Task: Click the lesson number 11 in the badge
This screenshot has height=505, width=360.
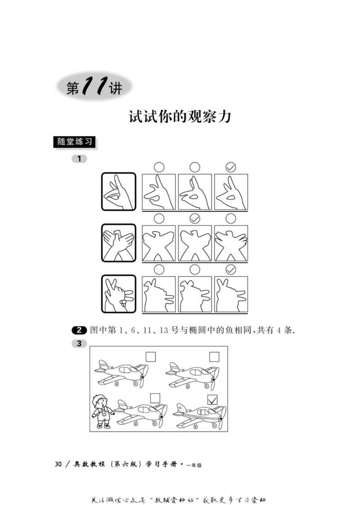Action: coord(94,86)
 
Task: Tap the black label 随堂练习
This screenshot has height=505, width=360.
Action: coord(75,141)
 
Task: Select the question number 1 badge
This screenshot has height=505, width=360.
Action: coord(79,159)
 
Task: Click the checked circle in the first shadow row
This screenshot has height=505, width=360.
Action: coord(231,167)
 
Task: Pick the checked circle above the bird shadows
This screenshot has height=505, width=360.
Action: coord(195,219)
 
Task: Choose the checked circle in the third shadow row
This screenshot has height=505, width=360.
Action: coord(231,270)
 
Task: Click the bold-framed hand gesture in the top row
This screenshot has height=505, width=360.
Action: coord(118,191)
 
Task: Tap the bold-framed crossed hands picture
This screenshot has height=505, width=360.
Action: coord(118,242)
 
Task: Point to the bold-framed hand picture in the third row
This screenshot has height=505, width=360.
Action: coord(118,294)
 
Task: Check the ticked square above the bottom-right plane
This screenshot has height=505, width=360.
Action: coord(212,399)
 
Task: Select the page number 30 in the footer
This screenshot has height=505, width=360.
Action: coord(58,465)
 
